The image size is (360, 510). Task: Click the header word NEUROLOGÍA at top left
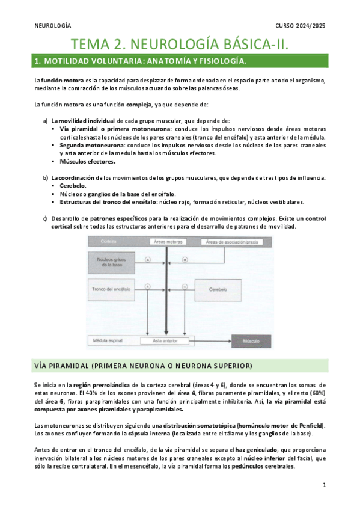(52, 26)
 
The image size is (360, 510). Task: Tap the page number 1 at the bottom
(324, 485)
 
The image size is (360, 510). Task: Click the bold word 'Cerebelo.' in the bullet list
(73, 186)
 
